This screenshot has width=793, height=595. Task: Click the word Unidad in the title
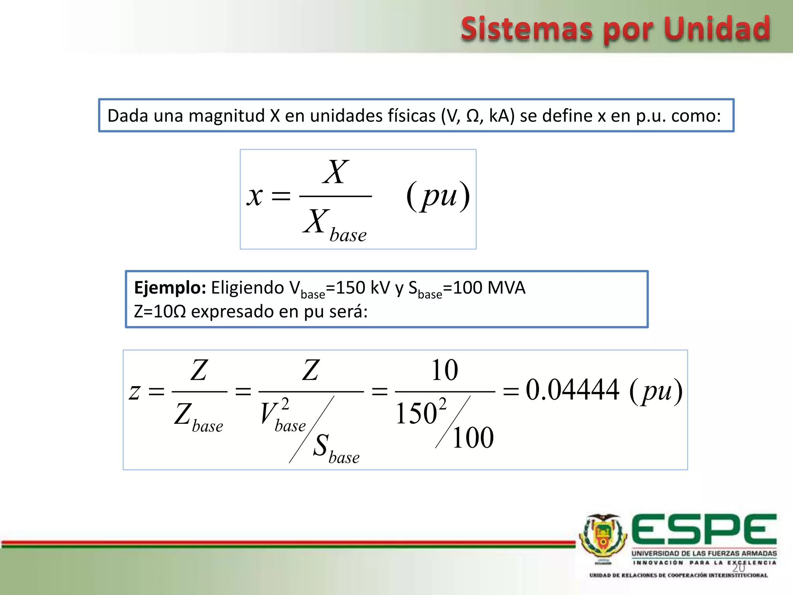pos(717,29)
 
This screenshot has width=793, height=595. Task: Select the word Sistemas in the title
pos(527,29)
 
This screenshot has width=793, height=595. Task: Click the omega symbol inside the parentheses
pos(473,116)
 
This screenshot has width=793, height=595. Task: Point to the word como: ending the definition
pos(696,116)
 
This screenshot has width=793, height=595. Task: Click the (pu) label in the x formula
pos(438,195)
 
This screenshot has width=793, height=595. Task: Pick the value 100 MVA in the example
pos(489,288)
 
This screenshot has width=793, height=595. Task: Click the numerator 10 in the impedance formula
pos(445,370)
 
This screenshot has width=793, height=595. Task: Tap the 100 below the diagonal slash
pos(473,438)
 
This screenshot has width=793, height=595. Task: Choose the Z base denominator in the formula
pos(199,418)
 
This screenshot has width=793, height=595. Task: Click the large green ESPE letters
pos(704,529)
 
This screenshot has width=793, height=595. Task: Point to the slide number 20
pos(738,568)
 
